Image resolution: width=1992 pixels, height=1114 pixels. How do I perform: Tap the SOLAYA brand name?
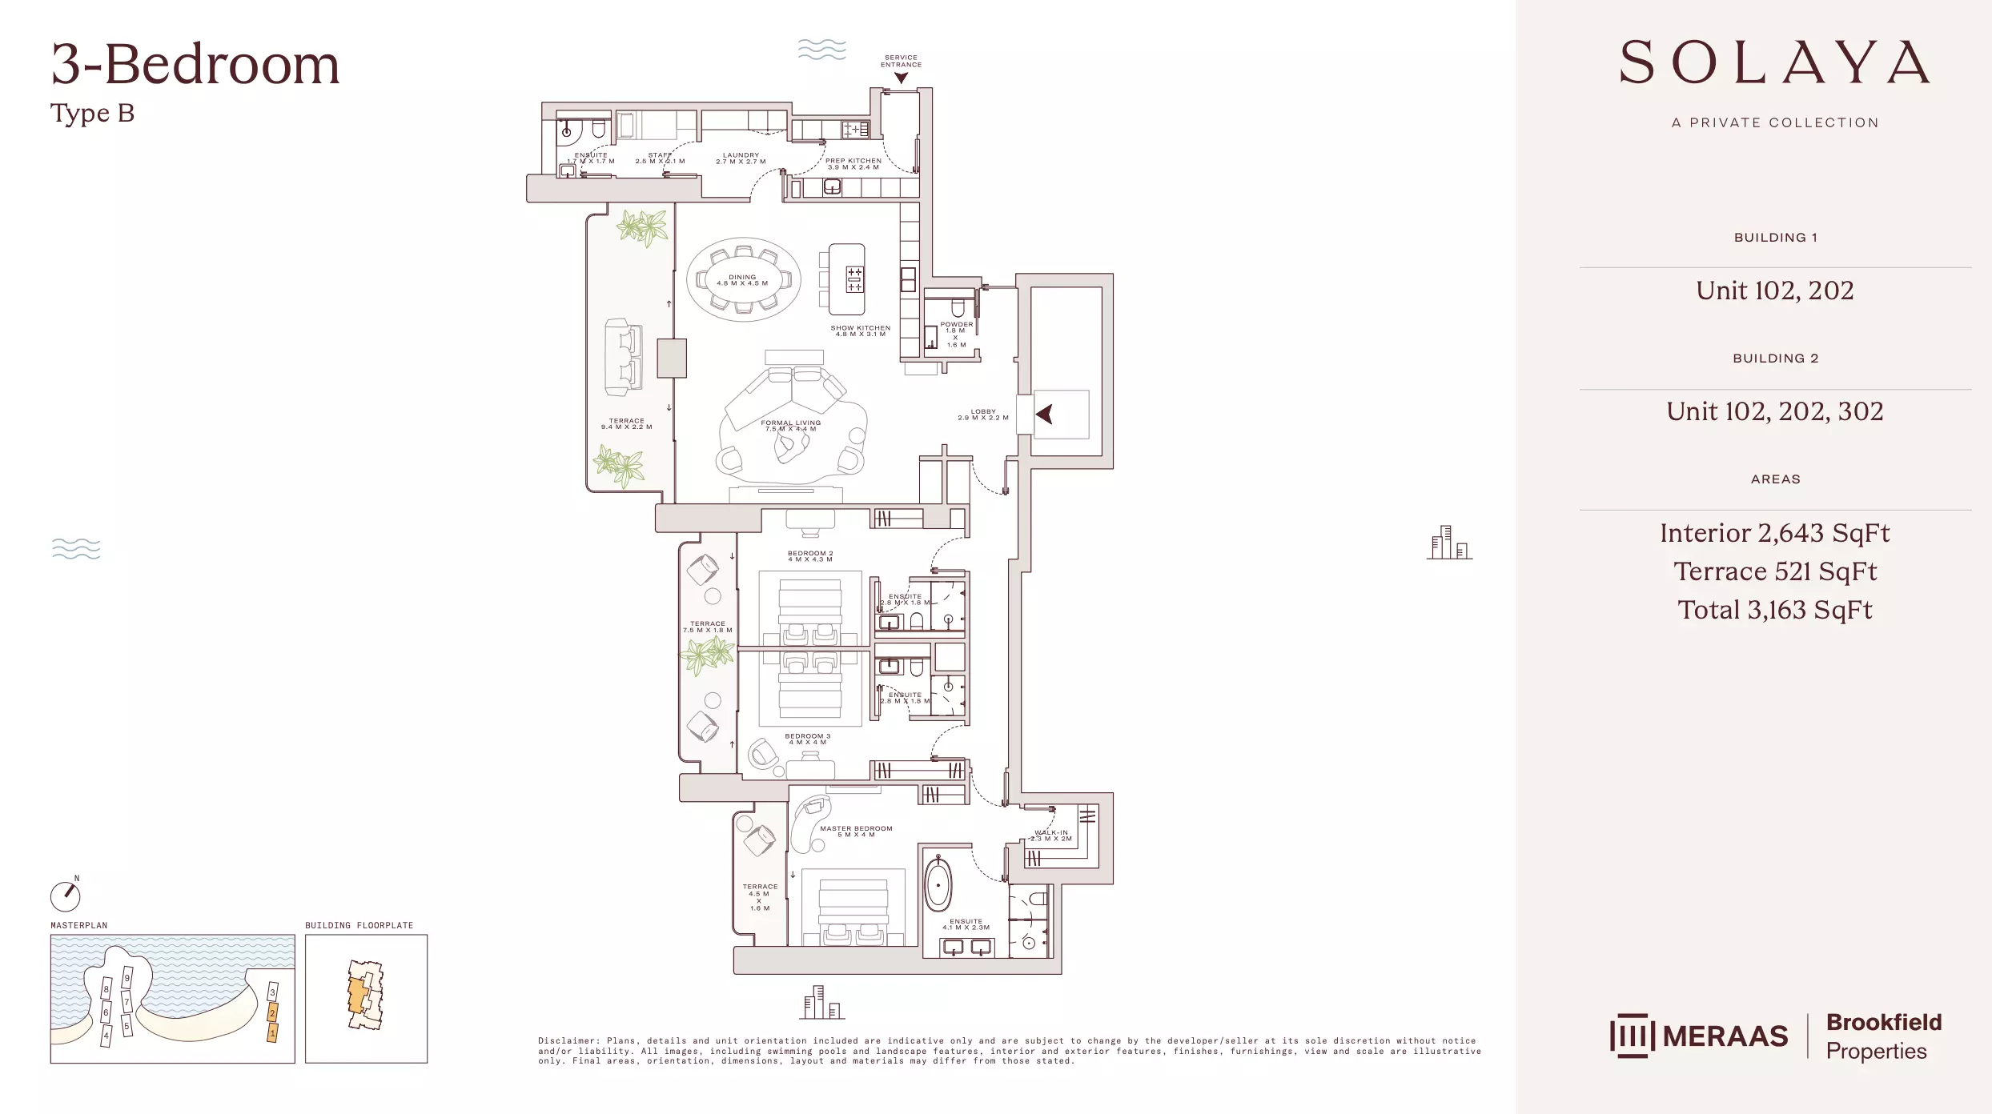[1774, 63]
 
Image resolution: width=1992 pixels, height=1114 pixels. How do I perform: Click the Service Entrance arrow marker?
[901, 78]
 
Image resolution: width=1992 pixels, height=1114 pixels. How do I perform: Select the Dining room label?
[742, 280]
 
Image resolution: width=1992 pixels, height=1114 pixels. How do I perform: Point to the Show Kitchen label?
[860, 331]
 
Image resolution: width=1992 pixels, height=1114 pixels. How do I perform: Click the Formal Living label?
[790, 426]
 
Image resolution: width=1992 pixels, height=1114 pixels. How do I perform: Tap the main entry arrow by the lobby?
[1044, 415]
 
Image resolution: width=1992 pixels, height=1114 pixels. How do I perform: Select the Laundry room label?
[741, 158]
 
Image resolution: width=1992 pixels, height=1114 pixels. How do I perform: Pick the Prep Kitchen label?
[853, 163]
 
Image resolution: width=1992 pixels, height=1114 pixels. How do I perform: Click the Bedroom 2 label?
[809, 556]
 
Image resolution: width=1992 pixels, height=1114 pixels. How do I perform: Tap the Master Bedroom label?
[856, 831]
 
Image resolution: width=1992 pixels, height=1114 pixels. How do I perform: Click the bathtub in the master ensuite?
[938, 885]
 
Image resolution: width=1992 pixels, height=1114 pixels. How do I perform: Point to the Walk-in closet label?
[1050, 835]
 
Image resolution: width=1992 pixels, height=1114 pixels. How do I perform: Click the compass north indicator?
[66, 896]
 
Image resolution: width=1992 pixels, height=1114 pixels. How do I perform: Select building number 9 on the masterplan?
[127, 978]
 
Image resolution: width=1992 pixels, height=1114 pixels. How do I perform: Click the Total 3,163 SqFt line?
[1774, 610]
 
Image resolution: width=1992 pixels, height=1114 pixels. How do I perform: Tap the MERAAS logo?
[1698, 1036]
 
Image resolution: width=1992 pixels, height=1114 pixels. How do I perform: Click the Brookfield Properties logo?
[1883, 1036]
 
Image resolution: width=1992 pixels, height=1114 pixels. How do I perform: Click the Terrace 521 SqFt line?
[1774, 571]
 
